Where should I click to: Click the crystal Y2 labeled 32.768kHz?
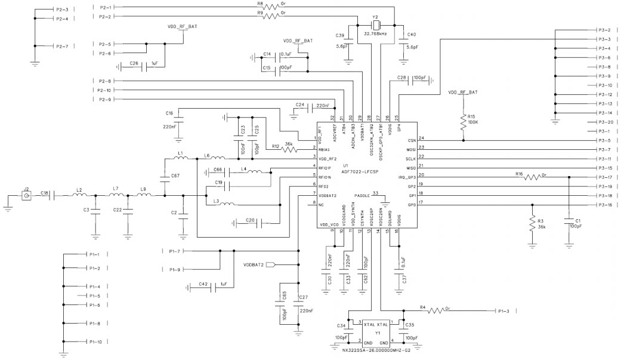tap(375, 26)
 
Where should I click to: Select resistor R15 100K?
tap(463, 124)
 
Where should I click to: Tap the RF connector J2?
tap(26, 196)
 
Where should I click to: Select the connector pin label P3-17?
tap(604, 177)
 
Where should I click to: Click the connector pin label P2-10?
tap(103, 90)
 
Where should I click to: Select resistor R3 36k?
tap(532, 223)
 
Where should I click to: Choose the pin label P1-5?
tap(94, 296)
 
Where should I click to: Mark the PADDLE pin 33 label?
tap(362, 195)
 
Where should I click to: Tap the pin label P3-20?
tap(604, 121)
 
